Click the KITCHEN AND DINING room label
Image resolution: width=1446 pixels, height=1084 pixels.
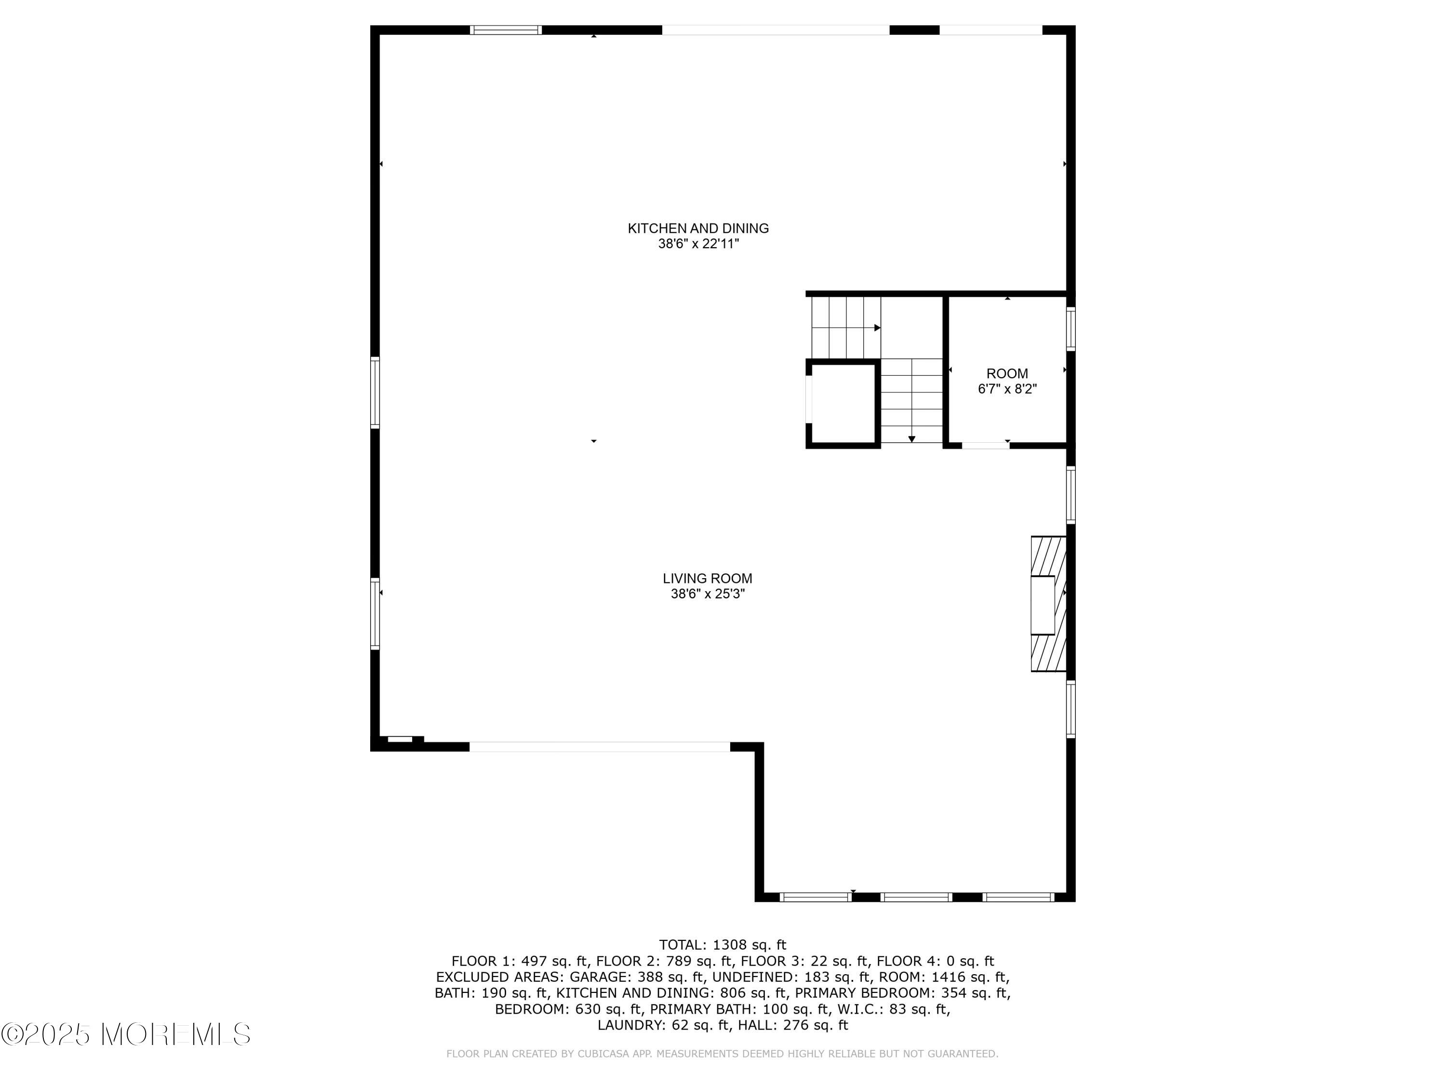pos(697,228)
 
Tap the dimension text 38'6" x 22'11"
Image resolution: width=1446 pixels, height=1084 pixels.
pos(697,244)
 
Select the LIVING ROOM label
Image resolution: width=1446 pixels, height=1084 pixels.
pos(707,578)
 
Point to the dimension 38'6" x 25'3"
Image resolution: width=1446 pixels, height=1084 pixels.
pos(707,595)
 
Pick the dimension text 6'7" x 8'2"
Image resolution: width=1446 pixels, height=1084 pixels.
pos(1007,389)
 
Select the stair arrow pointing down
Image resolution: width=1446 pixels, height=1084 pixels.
pos(911,439)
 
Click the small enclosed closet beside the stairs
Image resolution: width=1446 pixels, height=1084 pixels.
pos(843,404)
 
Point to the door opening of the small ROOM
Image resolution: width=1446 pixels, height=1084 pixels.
pos(985,446)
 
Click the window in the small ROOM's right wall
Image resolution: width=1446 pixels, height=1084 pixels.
pos(1070,330)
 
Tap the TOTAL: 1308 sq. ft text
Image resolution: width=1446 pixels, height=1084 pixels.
pos(723,945)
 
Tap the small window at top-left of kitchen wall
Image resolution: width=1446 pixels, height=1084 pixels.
pos(506,30)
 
